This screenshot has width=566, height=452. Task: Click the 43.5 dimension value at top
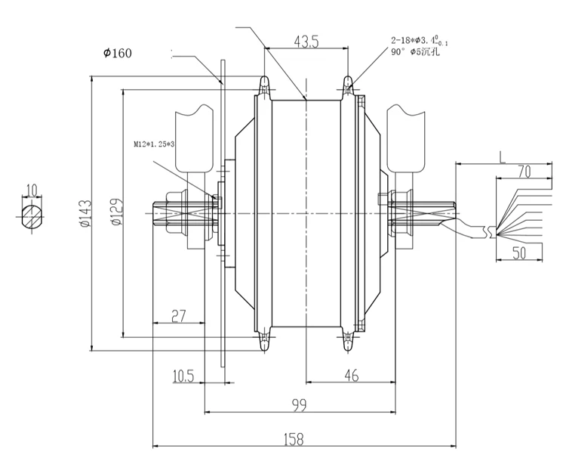click(306, 42)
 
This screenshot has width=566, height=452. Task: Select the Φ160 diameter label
click(118, 53)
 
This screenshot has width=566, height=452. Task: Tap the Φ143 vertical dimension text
click(86, 214)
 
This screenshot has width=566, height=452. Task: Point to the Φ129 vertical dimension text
click(116, 212)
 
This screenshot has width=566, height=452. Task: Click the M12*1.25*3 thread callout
click(154, 144)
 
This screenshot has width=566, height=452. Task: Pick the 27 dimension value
click(179, 316)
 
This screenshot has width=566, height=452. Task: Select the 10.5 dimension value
click(183, 376)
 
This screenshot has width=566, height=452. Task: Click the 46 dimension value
click(351, 376)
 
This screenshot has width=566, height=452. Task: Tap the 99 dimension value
click(299, 405)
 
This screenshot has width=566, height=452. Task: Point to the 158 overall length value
click(294, 439)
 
